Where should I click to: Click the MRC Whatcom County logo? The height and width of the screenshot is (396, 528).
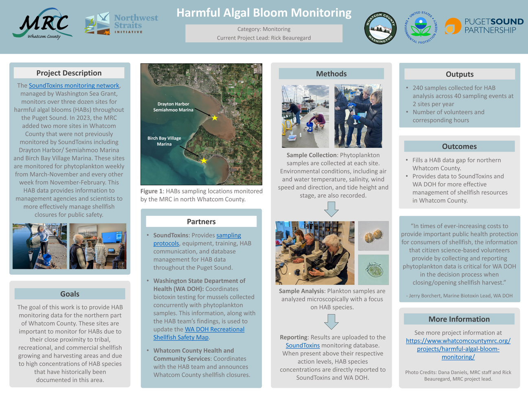[x=42, y=24]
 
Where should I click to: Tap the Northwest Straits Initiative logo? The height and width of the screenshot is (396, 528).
[x=121, y=24]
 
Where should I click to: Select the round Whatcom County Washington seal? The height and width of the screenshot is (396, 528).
[x=380, y=28]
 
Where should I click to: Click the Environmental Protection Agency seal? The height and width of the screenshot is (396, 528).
[x=421, y=27]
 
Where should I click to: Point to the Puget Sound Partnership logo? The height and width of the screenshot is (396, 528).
[x=484, y=26]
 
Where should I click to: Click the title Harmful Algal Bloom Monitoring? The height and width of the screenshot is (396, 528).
[x=264, y=13]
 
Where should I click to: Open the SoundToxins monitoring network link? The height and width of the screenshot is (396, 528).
[x=74, y=86]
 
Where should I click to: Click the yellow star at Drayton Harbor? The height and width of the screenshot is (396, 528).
[x=215, y=118]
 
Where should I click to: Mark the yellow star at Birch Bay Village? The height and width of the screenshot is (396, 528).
[x=204, y=161]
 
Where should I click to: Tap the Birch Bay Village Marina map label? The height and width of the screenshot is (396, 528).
[x=164, y=141]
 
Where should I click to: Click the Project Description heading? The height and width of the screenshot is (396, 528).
[x=69, y=73]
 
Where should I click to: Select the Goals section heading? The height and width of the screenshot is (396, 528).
[x=70, y=294]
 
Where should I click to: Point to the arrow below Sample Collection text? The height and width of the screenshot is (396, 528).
[x=331, y=209]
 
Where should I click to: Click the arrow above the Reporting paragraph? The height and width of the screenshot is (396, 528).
[x=331, y=321]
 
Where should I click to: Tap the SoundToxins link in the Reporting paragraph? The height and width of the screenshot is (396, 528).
[x=302, y=345]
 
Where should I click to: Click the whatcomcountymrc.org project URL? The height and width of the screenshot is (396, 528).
[x=458, y=349]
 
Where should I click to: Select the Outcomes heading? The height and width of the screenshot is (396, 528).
[x=459, y=146]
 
